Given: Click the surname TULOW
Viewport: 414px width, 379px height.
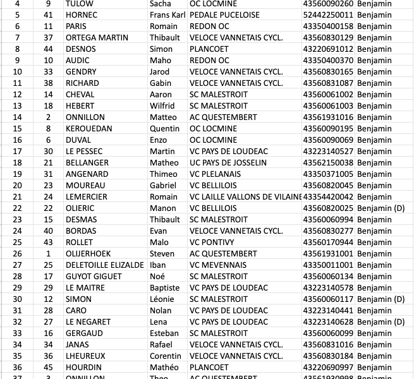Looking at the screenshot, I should pyautogui.click(x=79, y=3).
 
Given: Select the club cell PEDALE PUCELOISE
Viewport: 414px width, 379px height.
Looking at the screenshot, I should pyautogui.click(x=224, y=15).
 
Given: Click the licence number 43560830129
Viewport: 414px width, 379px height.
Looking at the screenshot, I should pyautogui.click(x=329, y=37).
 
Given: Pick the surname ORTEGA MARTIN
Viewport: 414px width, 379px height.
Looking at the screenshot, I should pyautogui.click(x=97, y=37).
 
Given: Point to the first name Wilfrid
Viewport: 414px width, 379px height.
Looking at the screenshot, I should pyautogui.click(x=162, y=105).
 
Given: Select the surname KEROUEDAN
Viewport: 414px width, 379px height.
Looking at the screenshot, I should pyautogui.click(x=89, y=128).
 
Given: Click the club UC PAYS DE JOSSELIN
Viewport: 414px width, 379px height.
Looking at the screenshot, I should pyautogui.click(x=228, y=162).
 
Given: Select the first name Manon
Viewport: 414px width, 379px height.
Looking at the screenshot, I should pyautogui.click(x=162, y=208).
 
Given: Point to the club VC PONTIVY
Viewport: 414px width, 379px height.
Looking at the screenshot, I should pyautogui.click(x=212, y=242).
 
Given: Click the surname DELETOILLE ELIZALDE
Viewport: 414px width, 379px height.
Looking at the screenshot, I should pyautogui.click(x=104, y=265).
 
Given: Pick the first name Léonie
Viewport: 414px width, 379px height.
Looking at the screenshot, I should pyautogui.click(x=162, y=299).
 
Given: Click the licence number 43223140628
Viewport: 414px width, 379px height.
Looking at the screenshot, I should pyautogui.click(x=329, y=322).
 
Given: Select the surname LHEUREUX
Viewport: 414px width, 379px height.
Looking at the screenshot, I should pyautogui.click(x=85, y=356).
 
